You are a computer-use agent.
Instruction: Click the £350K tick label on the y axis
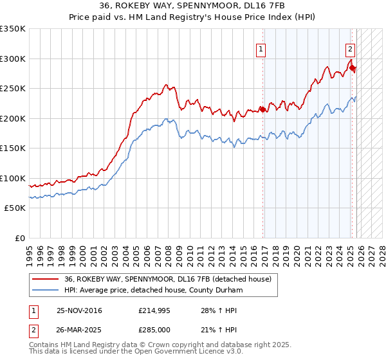pos(13,29)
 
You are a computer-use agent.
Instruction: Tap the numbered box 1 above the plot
pos(261,48)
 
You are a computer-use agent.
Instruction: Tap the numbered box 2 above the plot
pos(350,48)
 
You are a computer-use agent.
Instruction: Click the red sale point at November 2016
pos(262,109)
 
